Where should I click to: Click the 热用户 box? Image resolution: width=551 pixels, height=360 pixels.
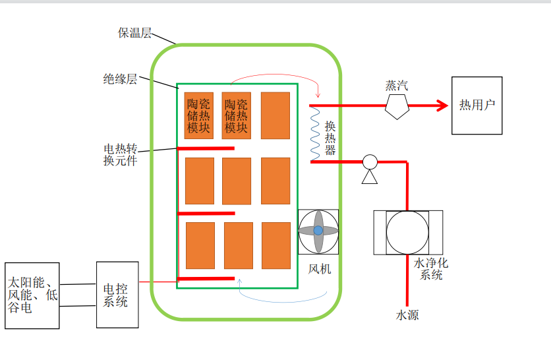pyautogui.click(x=477, y=105)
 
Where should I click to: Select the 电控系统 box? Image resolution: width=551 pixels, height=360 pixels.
pyautogui.click(x=117, y=295)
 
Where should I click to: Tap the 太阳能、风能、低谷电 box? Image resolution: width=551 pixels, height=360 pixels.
pyautogui.click(x=32, y=295)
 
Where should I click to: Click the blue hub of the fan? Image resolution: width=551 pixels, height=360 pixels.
pyautogui.click(x=318, y=231)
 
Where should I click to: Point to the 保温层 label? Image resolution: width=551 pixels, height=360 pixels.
pyautogui.click(x=134, y=33)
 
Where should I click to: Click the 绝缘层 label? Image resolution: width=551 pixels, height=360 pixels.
pyautogui.click(x=120, y=78)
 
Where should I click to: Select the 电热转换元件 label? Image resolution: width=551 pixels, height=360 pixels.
pyautogui.click(x=120, y=155)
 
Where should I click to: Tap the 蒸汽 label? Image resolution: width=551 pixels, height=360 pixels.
pyautogui.click(x=397, y=86)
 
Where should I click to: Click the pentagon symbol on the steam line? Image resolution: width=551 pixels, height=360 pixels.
pyautogui.click(x=397, y=107)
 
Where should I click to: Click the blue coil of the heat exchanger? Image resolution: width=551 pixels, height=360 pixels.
pyautogui.click(x=315, y=134)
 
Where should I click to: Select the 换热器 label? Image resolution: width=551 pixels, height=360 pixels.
pyautogui.click(x=330, y=138)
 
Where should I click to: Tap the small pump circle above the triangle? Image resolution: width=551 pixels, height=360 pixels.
pyautogui.click(x=370, y=162)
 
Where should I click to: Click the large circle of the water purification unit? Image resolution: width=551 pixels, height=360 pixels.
pyautogui.click(x=407, y=232)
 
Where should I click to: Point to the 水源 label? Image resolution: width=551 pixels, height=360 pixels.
pyautogui.click(x=407, y=315)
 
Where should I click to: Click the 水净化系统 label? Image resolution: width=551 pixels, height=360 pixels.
pyautogui.click(x=431, y=269)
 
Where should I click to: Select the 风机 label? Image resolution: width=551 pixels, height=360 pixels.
pyautogui.click(x=320, y=269)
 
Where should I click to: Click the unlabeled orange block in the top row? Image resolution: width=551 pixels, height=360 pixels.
pyautogui.click(x=275, y=115)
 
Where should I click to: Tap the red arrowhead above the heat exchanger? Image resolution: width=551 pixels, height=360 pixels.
pyautogui.click(x=318, y=95)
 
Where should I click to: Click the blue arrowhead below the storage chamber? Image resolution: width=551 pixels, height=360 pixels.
pyautogui.click(x=240, y=281)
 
